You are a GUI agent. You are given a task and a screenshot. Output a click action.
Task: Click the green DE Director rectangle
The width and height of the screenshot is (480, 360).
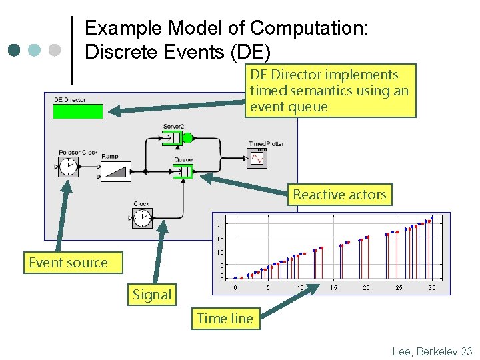78,111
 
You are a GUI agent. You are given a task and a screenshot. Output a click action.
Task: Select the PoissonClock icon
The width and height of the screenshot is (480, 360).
68,168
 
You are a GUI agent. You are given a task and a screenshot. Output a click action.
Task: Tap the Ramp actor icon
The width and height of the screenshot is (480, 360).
115,171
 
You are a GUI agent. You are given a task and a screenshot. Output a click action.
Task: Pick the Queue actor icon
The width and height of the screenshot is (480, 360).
182,172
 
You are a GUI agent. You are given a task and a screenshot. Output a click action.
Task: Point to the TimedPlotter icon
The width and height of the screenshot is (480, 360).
257,157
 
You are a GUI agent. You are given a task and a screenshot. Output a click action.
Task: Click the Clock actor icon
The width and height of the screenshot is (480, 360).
142,217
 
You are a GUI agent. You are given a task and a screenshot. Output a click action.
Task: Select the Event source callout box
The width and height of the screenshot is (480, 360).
67,263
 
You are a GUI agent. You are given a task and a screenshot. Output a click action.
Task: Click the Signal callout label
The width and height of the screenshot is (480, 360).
151,295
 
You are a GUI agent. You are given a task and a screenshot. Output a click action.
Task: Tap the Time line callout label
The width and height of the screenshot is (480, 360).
225,319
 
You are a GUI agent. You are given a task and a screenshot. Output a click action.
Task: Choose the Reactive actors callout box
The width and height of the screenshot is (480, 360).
339,195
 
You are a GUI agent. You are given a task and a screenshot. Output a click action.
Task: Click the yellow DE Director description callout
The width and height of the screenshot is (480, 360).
330,91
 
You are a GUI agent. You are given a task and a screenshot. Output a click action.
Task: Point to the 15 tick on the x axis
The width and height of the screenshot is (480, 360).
333,287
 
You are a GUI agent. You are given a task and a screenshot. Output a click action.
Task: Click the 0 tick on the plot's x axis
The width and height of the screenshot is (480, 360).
235,287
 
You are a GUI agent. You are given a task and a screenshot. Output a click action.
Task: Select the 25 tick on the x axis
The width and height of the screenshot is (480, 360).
399,287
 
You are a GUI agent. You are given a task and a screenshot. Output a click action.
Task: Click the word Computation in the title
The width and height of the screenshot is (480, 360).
307,28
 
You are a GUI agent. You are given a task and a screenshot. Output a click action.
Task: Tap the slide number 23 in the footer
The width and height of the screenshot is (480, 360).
466,351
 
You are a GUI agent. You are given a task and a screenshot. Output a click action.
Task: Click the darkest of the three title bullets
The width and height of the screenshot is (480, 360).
14,50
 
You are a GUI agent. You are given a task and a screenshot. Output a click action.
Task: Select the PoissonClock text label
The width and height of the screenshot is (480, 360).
77,152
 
